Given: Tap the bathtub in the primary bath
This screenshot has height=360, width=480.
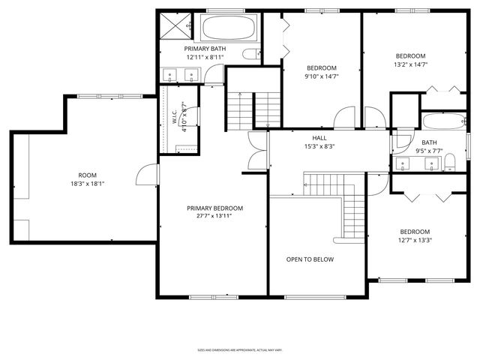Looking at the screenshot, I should [x=228, y=28].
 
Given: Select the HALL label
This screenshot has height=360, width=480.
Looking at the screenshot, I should [x=319, y=139].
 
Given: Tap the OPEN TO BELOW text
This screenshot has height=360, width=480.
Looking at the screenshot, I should [x=310, y=259].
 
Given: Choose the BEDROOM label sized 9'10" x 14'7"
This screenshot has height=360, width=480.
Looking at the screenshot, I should [x=320, y=67].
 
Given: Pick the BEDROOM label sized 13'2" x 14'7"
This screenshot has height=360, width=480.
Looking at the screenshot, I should [x=410, y=56].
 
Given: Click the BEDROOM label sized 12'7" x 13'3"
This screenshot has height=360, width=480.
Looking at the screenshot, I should [x=414, y=232].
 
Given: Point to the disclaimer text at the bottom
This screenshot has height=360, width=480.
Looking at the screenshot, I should [x=239, y=349].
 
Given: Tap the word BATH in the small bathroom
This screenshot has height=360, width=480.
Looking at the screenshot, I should [x=429, y=142].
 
